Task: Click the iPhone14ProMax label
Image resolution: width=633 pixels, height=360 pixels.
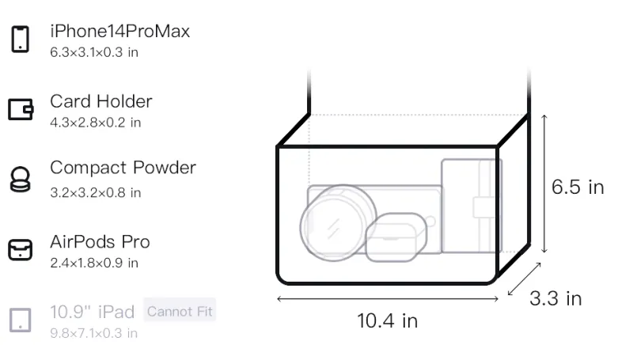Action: (120, 31)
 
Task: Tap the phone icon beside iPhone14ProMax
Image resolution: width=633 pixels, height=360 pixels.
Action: (21, 39)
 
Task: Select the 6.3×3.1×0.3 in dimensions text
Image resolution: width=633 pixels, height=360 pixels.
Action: (94, 52)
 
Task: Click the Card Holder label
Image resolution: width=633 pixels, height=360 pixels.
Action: (101, 101)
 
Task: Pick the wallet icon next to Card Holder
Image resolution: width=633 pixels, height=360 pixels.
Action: (21, 109)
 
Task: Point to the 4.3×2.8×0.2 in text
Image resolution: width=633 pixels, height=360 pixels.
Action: (95, 123)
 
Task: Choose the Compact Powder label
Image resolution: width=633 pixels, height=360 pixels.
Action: (123, 168)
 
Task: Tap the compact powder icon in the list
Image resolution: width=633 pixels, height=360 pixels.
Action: (20, 179)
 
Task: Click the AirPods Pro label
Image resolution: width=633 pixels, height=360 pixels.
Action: (100, 242)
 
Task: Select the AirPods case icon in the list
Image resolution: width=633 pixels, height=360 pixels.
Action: (21, 250)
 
